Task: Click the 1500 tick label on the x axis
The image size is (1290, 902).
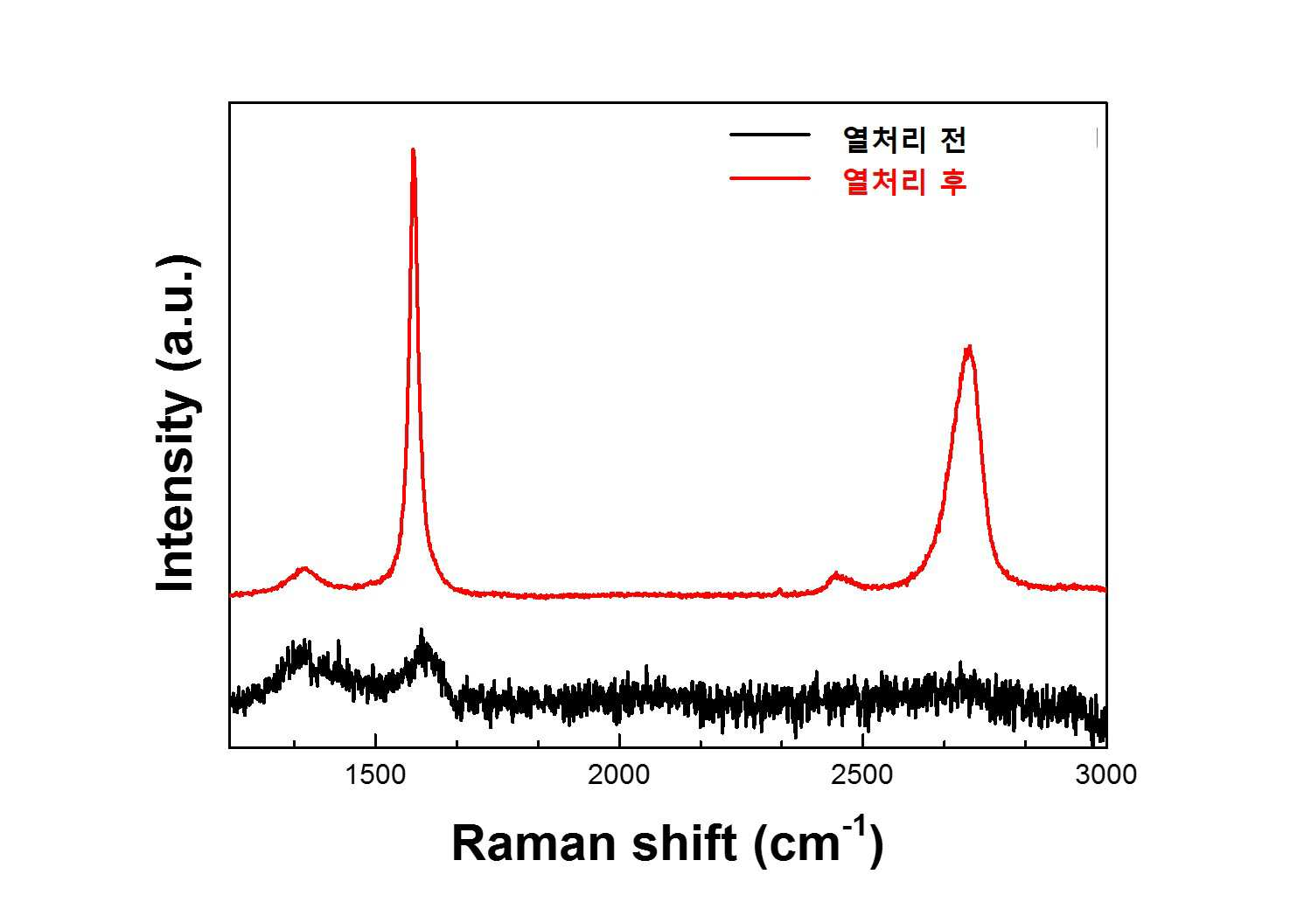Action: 375,774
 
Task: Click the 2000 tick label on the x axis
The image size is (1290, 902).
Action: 619,774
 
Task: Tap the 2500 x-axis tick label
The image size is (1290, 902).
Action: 862,774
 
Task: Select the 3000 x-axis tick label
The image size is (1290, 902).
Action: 1105,774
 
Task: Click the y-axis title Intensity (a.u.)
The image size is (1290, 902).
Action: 178,423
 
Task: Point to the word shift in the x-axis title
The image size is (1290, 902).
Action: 685,843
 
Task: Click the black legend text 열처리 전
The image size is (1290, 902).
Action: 904,139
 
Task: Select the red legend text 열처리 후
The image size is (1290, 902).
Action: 904,182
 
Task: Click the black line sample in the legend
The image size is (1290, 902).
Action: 770,135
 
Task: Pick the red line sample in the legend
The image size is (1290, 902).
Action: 770,178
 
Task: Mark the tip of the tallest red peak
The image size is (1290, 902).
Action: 413,149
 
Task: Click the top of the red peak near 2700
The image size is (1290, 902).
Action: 969,346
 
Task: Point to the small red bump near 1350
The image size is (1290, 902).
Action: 304,569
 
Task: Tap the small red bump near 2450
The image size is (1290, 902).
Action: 835,574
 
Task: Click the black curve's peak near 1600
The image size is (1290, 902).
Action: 422,630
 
